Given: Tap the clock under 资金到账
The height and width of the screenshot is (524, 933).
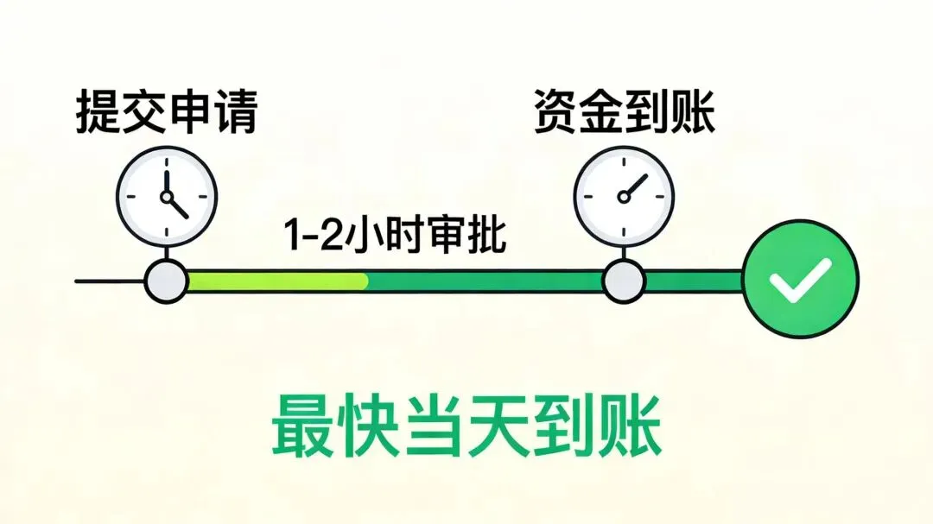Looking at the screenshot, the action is click(x=623, y=195).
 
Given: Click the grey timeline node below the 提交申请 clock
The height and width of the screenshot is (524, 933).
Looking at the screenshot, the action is click(x=166, y=281).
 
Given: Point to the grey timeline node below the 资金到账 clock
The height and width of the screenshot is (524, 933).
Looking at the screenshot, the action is click(x=623, y=281).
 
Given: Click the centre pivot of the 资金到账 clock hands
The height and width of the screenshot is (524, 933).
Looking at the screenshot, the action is click(x=623, y=197).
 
